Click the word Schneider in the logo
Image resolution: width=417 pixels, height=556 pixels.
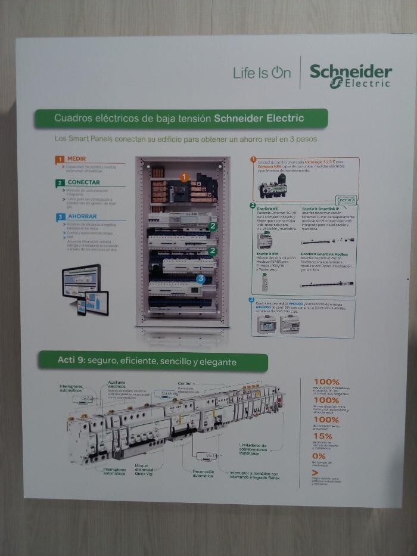[350, 72]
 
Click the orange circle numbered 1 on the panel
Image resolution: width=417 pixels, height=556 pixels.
[184, 177]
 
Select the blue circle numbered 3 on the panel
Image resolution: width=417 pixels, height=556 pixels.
[201, 278]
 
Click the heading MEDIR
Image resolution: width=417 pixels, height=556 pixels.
[76, 160]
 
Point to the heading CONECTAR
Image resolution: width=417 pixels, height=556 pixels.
[83, 182]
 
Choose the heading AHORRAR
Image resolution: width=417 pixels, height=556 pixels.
[82, 216]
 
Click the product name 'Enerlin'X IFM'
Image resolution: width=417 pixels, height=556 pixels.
[267, 253]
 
